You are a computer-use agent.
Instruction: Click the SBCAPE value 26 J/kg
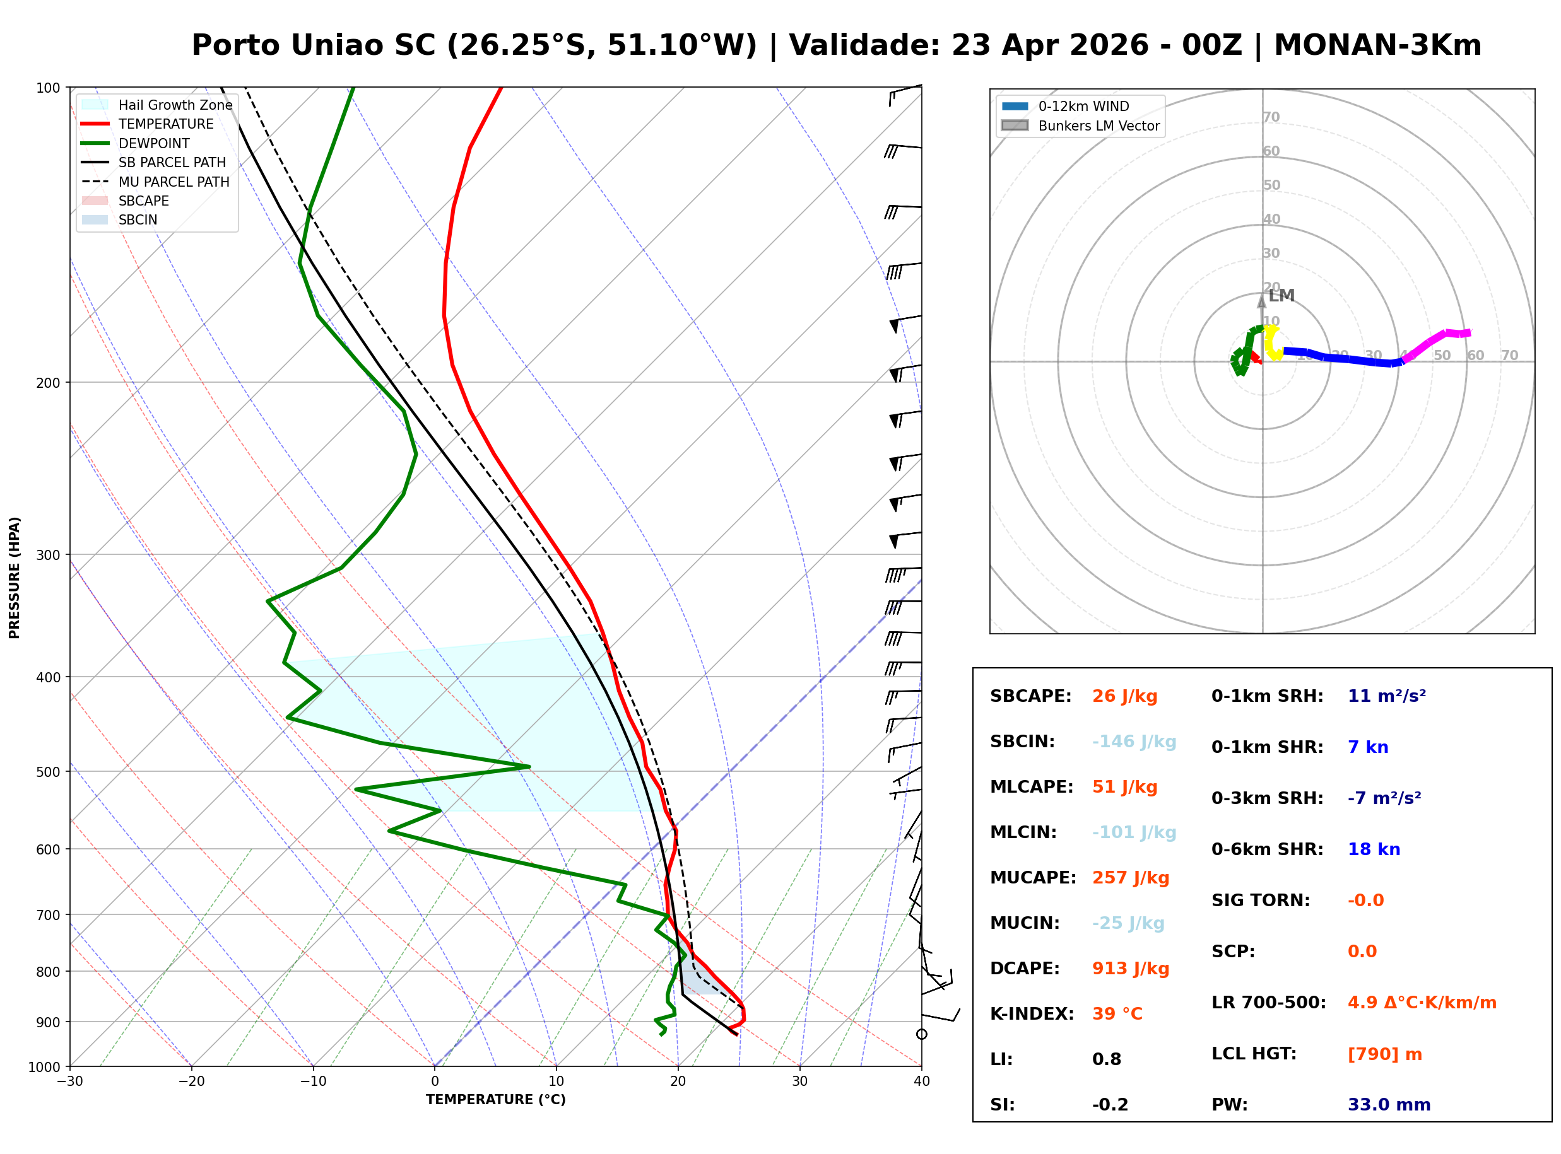click(x=1124, y=696)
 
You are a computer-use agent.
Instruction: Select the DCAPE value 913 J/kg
click(x=1130, y=969)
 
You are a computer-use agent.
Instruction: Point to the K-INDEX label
click(x=1032, y=1014)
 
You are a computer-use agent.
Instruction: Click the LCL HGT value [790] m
click(x=1384, y=1054)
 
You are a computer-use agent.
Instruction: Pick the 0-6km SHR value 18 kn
click(x=1374, y=849)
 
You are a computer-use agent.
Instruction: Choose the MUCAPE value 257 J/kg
click(x=1130, y=878)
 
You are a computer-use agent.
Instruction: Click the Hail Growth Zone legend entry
click(x=175, y=105)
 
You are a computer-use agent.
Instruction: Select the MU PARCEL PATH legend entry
click(x=174, y=182)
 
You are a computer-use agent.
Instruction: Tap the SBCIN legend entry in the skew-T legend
click(x=138, y=220)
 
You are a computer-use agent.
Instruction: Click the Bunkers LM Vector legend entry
click(x=1098, y=125)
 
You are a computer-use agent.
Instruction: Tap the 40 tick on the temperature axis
click(x=921, y=1081)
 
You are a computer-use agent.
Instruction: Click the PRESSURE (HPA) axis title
click(x=15, y=577)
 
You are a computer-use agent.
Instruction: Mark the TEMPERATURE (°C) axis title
click(x=495, y=1100)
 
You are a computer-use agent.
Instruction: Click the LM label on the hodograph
click(x=1281, y=296)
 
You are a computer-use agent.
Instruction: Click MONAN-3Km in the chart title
click(x=1377, y=45)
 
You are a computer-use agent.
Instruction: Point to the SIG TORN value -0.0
click(x=1365, y=900)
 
